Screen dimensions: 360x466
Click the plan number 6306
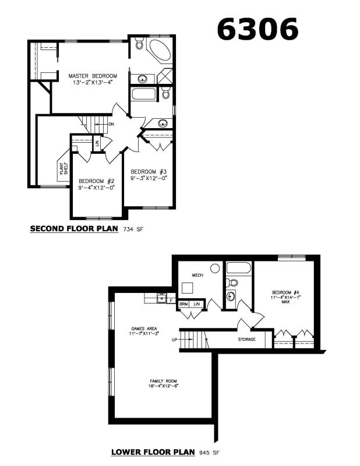point(257,29)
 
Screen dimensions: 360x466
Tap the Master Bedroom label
point(93,76)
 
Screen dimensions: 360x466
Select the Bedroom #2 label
point(97,181)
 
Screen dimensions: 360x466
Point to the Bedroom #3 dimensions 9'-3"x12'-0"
point(149,178)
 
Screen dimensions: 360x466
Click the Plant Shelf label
point(63,168)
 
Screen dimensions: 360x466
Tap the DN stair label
point(111,124)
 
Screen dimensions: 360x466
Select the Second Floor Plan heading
point(74,228)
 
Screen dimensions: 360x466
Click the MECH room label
point(197,275)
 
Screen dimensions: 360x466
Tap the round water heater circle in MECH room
point(215,269)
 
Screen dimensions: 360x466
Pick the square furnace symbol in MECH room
point(188,288)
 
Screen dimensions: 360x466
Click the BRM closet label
point(183,304)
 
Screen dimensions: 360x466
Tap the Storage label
point(247,339)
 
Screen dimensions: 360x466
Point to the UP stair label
point(175,340)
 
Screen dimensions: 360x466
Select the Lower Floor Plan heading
point(153,452)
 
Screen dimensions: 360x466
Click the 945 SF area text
point(209,453)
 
